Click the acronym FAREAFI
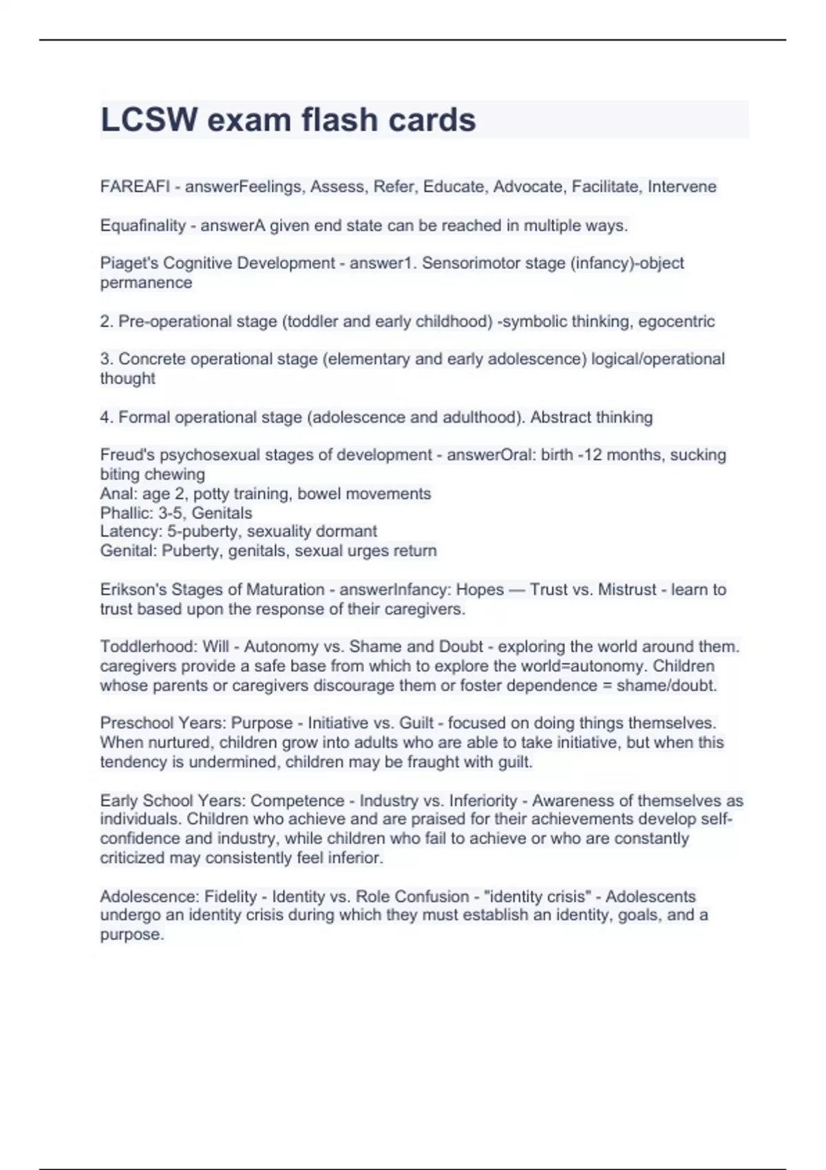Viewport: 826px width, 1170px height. pyautogui.click(x=135, y=187)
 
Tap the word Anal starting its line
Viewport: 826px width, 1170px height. pyautogui.click(x=114, y=493)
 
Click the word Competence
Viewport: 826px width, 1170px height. pyautogui.click(x=297, y=800)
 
